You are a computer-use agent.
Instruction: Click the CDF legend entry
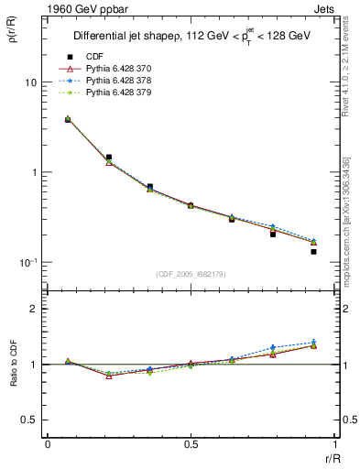[93, 57]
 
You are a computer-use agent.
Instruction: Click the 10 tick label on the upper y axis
[29, 82]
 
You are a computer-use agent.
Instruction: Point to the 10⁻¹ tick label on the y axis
[27, 262]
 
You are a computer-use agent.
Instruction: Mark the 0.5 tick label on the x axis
[191, 444]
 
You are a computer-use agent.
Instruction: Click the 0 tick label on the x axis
[47, 444]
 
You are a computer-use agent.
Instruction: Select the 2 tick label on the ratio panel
[34, 309]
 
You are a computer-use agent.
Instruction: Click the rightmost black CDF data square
[313, 251]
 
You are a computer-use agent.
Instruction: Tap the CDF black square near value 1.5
[109, 158]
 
